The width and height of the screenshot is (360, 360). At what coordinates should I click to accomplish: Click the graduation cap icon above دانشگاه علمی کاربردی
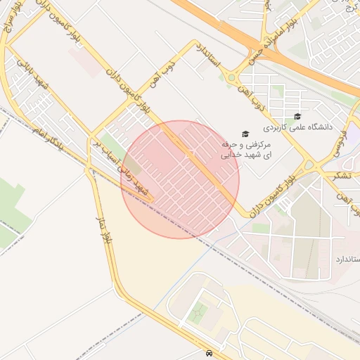click(297, 116)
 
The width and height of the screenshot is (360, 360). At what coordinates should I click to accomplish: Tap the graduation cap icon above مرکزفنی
click(245, 134)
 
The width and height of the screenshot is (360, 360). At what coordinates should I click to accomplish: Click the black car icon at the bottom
click(210, 352)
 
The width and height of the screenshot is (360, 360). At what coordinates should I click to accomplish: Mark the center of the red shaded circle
click(180, 179)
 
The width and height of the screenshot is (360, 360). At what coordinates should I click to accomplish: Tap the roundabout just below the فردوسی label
click(309, 166)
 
